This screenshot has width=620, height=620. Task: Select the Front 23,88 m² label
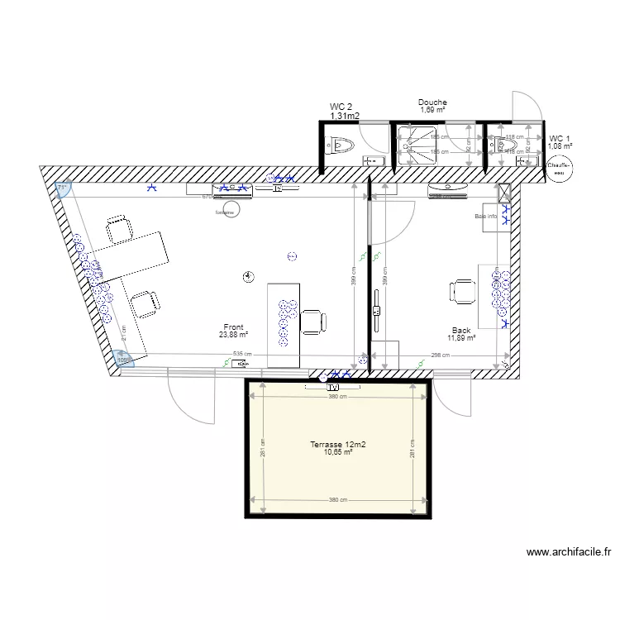coord(233,331)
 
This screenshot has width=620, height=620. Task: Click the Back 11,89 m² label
coord(461,334)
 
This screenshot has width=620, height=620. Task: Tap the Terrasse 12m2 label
coord(338,448)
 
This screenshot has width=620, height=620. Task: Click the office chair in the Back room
coord(461,291)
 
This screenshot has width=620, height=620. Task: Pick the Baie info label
coord(486,217)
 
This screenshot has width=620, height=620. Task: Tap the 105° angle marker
coord(124,360)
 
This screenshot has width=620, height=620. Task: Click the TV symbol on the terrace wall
coord(333,386)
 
